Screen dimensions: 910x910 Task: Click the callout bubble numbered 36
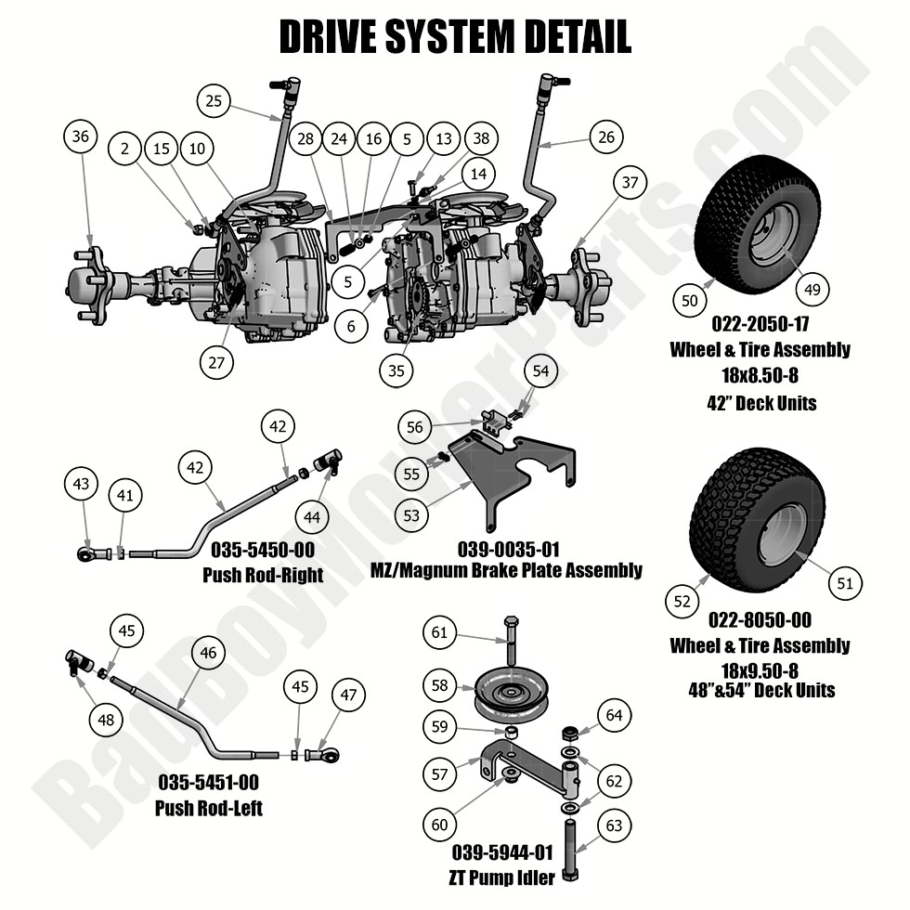tap(81, 136)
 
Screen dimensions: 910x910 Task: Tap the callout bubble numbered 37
tap(629, 183)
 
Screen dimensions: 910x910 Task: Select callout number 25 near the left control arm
tap(214, 100)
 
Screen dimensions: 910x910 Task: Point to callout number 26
tap(605, 136)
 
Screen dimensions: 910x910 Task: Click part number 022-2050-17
tap(760, 326)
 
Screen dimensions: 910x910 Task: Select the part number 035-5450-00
tap(262, 548)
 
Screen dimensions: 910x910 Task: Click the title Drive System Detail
tap(455, 38)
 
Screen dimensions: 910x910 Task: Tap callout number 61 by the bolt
tap(440, 633)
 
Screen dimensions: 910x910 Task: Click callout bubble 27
tap(216, 362)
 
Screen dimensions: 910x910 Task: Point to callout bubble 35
tap(397, 369)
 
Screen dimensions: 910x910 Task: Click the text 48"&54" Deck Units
tap(759, 689)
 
